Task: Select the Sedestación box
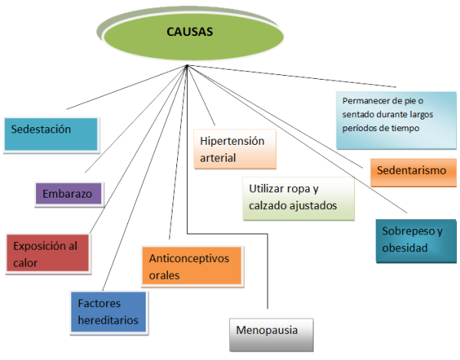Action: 51,134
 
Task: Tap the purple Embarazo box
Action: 69,194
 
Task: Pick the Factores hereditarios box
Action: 107,312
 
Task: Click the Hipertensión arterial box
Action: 234,150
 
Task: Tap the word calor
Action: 25,263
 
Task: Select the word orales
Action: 164,275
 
